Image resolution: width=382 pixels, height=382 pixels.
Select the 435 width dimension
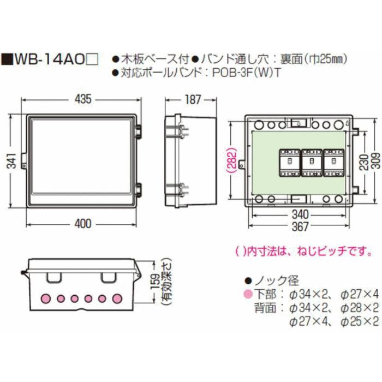pos(82,99)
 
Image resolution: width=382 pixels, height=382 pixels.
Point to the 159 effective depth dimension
pos(158,284)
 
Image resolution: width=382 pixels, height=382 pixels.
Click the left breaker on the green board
pos(288,162)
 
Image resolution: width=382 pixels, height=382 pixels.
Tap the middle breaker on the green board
pos(309,162)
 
